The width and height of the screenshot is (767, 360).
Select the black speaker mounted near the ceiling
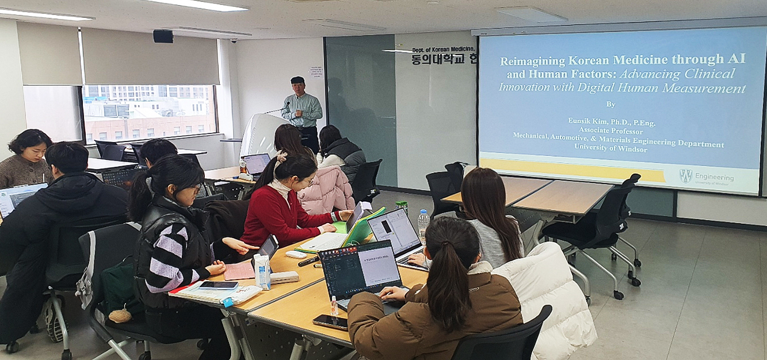coord(163,36)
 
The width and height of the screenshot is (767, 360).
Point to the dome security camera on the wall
coord(234,41)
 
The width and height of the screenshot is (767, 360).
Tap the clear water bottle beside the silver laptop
coord(423,225)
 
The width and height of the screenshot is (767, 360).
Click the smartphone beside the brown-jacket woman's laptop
coord(330,322)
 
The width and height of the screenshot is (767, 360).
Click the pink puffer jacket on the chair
coord(326,190)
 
